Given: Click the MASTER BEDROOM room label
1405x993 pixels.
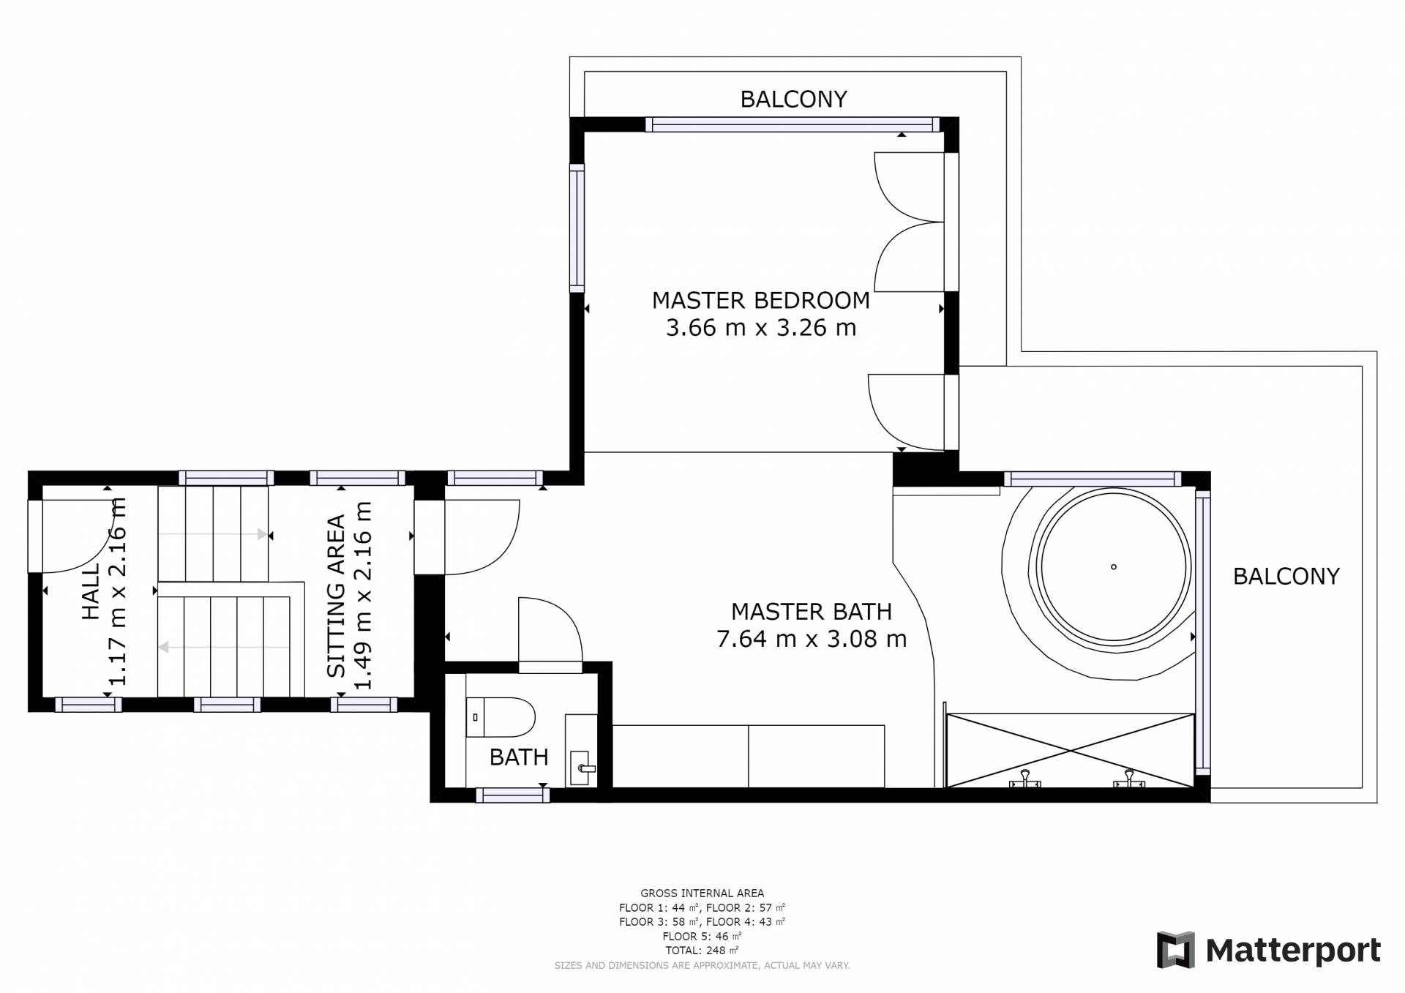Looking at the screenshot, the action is [x=761, y=301].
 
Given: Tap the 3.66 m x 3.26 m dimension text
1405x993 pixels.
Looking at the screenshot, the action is [x=761, y=328].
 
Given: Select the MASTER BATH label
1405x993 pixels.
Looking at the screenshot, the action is [x=812, y=612].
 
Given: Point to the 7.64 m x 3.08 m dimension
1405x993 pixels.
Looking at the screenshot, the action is [x=812, y=640].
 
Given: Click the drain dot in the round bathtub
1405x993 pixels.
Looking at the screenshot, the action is [x=1114, y=567].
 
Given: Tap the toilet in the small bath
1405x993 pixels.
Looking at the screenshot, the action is [x=501, y=717].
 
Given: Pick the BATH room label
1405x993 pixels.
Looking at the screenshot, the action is [x=519, y=757].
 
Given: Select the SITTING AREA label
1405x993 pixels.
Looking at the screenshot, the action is [x=336, y=596].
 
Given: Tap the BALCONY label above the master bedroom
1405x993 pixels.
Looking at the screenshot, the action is [x=794, y=100].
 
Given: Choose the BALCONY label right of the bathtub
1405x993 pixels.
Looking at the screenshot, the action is [x=1286, y=577].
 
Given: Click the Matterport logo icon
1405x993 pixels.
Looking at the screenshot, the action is [x=1175, y=950].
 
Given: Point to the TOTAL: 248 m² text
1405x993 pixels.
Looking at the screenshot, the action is [x=702, y=951].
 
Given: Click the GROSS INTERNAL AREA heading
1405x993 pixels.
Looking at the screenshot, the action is [x=702, y=893].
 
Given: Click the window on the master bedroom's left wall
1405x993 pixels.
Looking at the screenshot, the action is [x=577, y=228].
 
